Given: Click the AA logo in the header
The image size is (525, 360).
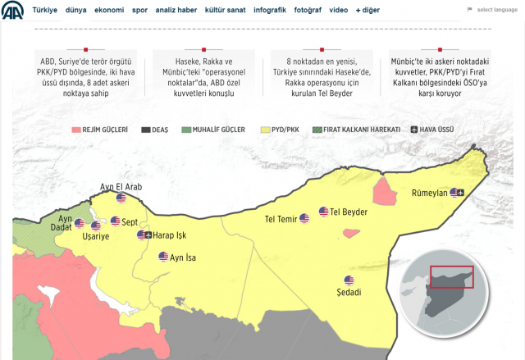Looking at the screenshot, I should pos(12,11).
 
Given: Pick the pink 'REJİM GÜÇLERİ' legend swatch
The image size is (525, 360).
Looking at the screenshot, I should pos(76,130).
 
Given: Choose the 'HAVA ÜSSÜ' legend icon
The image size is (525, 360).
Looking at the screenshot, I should pos(415,130).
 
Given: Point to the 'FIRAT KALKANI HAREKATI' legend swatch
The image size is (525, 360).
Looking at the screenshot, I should pos(305,130).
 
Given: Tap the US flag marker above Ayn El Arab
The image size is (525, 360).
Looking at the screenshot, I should pos(121,198).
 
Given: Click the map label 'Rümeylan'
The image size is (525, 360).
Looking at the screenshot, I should pos(428,193).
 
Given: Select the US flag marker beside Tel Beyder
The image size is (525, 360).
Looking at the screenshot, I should pos(323,212).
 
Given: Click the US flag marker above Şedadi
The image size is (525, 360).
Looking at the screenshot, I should pos(349,280).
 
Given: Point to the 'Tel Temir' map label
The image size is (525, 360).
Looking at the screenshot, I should pos(281,219).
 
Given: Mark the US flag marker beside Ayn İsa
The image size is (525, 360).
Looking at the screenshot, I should pos(163,257).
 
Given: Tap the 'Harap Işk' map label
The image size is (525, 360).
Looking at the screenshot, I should pos(170,236).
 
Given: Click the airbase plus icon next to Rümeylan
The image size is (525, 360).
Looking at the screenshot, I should pos(459,193).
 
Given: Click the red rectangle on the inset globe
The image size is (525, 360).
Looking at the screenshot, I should pos(452,276).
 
